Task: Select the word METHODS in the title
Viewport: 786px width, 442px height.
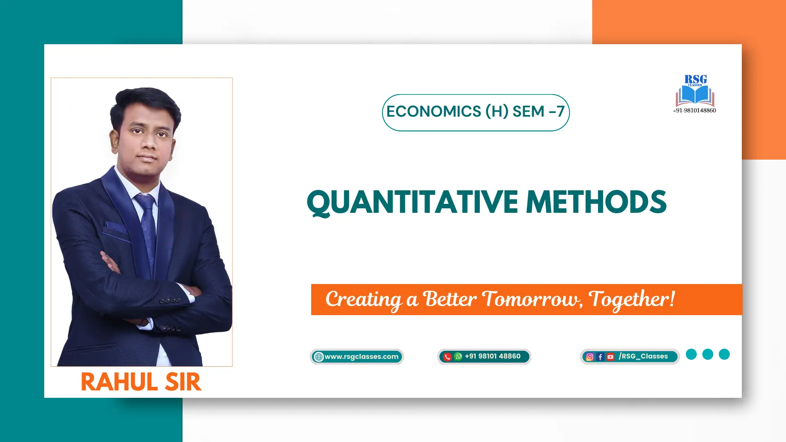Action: click(596, 202)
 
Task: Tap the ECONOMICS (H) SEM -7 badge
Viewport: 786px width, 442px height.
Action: click(476, 113)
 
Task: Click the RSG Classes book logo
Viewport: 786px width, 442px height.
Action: click(695, 90)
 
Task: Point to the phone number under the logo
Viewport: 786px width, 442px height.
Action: click(695, 110)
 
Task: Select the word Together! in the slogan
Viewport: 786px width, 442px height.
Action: click(632, 300)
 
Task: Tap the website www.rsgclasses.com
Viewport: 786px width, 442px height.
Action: click(361, 356)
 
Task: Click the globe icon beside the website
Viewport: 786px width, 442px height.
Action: click(319, 357)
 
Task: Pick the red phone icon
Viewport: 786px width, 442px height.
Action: click(447, 357)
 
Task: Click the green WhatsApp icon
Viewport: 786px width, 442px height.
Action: click(458, 356)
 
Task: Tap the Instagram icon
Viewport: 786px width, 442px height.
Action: click(590, 357)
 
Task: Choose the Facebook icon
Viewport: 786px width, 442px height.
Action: click(600, 357)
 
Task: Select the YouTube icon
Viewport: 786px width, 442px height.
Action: click(610, 357)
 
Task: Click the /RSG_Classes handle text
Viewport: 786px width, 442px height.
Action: click(643, 356)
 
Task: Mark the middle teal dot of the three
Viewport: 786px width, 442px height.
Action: click(708, 354)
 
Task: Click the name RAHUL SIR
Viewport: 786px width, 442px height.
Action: click(141, 382)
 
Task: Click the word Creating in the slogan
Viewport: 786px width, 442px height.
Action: click(364, 300)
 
